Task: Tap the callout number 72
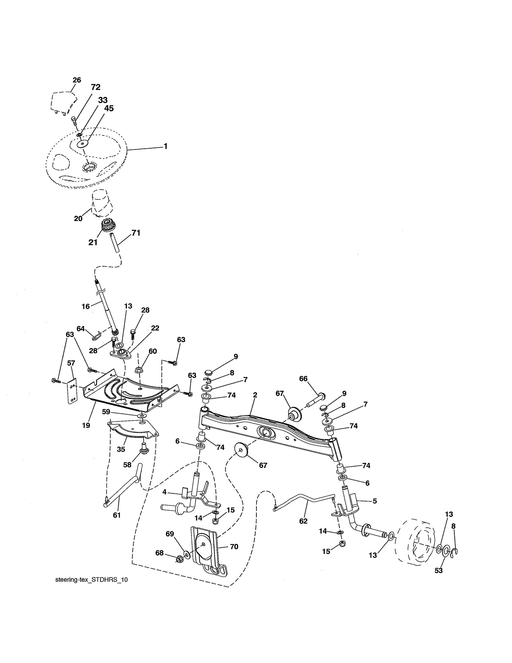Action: tap(96, 87)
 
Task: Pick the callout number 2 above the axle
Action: tap(255, 395)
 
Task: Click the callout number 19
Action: tap(86, 425)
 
